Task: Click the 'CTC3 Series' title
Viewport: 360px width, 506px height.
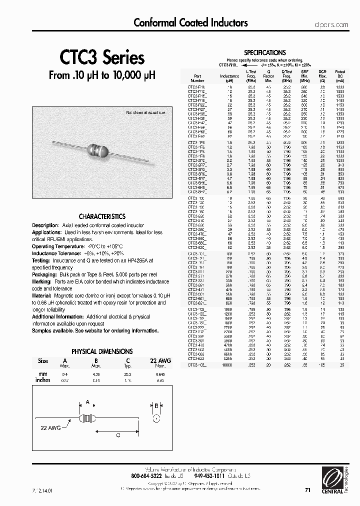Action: point(102,58)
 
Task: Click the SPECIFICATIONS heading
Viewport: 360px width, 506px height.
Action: point(264,52)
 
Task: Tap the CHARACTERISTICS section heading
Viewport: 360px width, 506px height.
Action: point(102,216)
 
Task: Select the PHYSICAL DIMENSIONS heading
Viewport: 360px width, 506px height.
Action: point(102,351)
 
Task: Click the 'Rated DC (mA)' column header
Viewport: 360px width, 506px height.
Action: point(340,75)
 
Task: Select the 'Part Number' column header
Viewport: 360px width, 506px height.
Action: point(197,75)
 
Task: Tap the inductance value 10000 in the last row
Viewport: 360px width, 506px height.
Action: point(227,365)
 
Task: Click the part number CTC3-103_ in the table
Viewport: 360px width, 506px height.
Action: point(197,365)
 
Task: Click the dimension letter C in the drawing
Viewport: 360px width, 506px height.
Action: point(118,435)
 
